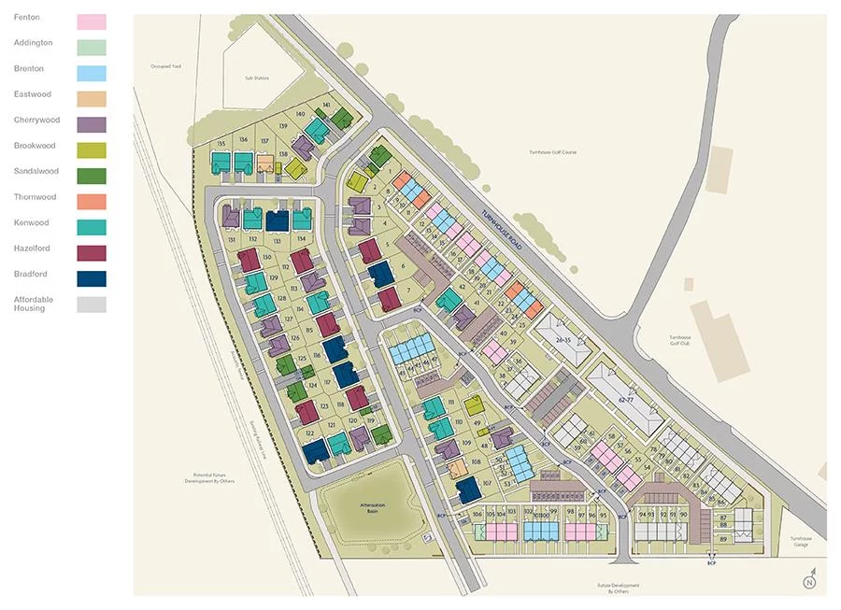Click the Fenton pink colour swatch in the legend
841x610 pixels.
coord(92,21)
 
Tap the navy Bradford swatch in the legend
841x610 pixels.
coord(92,278)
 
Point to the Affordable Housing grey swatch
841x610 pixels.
coord(92,305)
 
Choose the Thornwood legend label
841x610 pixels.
coord(35,197)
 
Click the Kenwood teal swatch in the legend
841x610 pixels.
coord(92,227)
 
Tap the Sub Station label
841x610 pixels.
coord(256,78)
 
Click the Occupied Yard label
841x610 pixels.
coord(169,66)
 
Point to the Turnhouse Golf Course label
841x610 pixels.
coord(553,151)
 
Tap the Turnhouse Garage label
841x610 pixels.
coord(800,541)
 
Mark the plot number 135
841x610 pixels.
coord(221,143)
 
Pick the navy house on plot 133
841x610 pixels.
coord(277,220)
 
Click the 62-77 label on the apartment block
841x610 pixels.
coord(626,399)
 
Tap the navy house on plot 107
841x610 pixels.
coord(469,488)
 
